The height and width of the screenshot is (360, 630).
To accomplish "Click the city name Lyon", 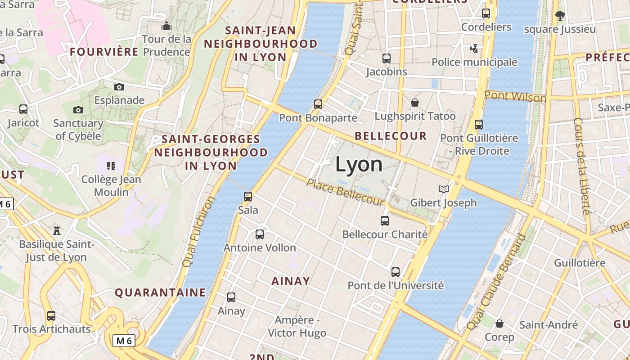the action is pyautogui.click(x=359, y=164).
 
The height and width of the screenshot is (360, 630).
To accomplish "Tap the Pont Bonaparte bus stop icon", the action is pyautogui.click(x=318, y=104).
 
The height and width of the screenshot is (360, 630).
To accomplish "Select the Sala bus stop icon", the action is pyautogui.click(x=248, y=196).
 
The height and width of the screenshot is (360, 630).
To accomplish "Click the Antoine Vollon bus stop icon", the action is pyautogui.click(x=260, y=234).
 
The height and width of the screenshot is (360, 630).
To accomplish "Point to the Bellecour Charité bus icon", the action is pyautogui.click(x=385, y=220).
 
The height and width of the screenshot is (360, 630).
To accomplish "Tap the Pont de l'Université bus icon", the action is pyautogui.click(x=396, y=272).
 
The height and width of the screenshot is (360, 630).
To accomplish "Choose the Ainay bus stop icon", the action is pyautogui.click(x=231, y=297).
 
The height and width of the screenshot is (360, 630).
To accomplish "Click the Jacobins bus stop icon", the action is pyautogui.click(x=387, y=58).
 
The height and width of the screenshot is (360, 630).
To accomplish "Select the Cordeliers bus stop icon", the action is pyautogui.click(x=486, y=13).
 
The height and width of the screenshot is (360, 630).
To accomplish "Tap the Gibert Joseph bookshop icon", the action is pyautogui.click(x=444, y=189).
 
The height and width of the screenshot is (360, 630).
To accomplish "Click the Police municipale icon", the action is pyautogui.click(x=474, y=48).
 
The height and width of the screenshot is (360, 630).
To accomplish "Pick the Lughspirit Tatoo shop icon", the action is pyautogui.click(x=415, y=103).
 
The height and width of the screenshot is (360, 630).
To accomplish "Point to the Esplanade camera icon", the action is pyautogui.click(x=119, y=87).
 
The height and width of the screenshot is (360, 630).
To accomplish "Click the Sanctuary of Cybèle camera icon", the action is pyautogui.click(x=78, y=109).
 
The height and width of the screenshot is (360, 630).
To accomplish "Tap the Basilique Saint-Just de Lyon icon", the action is pyautogui.click(x=57, y=230).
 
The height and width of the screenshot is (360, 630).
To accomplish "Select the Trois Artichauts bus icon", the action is pyautogui.click(x=51, y=315).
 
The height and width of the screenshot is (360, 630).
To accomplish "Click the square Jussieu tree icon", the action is pyautogui.click(x=560, y=16).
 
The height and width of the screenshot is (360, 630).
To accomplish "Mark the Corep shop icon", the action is pyautogui.click(x=499, y=323).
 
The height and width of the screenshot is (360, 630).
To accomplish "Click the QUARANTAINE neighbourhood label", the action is pyautogui.click(x=160, y=292).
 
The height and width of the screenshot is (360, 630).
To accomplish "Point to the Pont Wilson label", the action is pyautogui.click(x=515, y=96).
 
